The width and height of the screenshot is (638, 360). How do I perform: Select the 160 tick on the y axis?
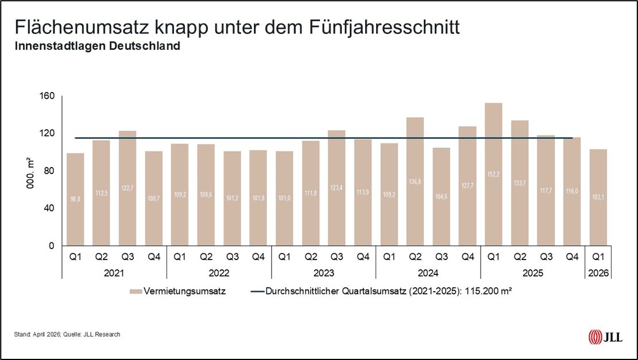click(x=47, y=96)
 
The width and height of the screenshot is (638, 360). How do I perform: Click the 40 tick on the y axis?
click(x=49, y=208)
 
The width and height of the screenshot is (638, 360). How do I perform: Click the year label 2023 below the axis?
click(x=323, y=273)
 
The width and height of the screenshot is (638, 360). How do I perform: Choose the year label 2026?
click(x=598, y=273)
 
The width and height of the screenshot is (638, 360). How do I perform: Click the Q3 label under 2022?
click(x=232, y=257)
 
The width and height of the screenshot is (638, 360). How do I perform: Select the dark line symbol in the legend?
click(x=257, y=291)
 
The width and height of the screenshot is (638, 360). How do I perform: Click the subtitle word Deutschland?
click(x=150, y=47)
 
